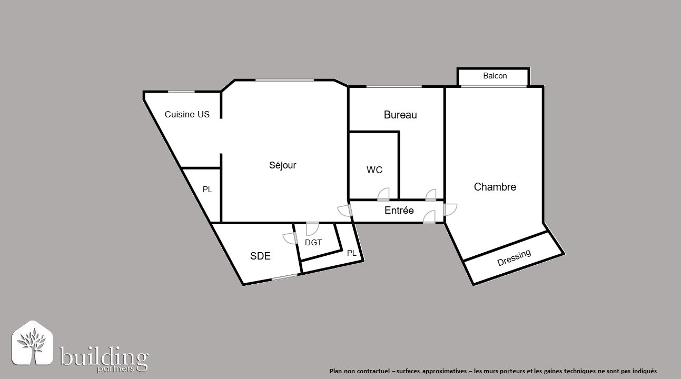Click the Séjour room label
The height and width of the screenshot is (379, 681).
(282, 165)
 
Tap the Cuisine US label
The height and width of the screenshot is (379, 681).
(187, 114)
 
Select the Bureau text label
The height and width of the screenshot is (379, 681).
(400, 115)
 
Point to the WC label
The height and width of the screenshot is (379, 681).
(374, 170)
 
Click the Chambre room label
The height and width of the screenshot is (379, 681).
(495, 187)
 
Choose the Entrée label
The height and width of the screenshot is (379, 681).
(399, 211)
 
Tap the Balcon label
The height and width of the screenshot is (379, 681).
(495, 76)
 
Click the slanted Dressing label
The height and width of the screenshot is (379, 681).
(514, 258)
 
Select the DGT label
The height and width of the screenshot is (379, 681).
(313, 243)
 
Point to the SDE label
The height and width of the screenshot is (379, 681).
(260, 256)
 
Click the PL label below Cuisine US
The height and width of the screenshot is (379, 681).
(208, 189)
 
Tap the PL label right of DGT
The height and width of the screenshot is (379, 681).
(351, 253)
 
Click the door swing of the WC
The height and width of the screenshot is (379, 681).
(383, 194)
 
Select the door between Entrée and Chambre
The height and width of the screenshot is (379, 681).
(450, 210)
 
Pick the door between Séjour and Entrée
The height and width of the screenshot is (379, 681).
(345, 211)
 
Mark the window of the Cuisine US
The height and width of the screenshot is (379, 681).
(181, 92)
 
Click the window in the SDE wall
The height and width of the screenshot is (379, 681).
(284, 277)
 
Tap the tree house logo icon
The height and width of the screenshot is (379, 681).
(33, 343)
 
